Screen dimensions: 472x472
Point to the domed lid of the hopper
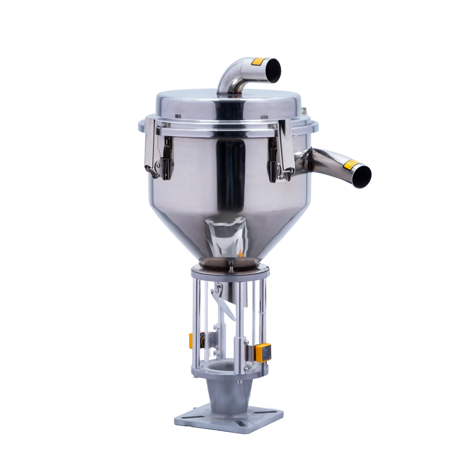227,106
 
